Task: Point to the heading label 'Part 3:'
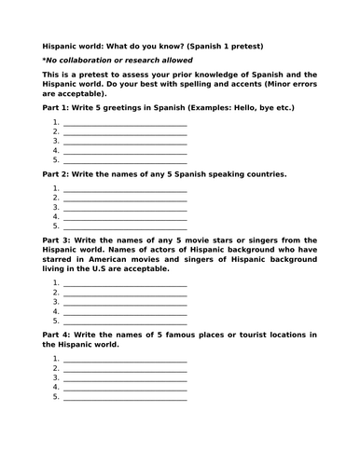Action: point(57,240)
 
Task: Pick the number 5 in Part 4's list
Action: point(56,396)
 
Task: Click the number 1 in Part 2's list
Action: point(56,187)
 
